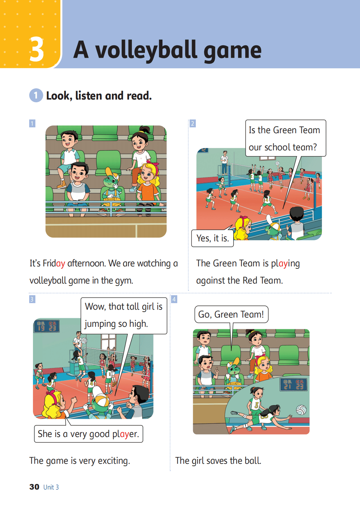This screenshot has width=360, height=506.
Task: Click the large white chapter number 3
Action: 37,49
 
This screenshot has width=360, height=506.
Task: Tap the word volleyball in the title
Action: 147,50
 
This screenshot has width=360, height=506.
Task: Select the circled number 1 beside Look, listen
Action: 36,95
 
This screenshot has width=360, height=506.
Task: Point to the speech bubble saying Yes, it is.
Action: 212,238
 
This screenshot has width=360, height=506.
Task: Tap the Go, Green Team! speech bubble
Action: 231,314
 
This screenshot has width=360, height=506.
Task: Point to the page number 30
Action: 34,487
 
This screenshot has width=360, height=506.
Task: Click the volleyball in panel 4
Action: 301,410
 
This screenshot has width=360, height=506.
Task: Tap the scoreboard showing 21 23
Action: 294,384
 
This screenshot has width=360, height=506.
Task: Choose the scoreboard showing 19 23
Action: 47,326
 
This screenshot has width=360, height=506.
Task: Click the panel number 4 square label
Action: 174,299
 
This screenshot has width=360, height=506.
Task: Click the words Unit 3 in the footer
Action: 51,487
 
